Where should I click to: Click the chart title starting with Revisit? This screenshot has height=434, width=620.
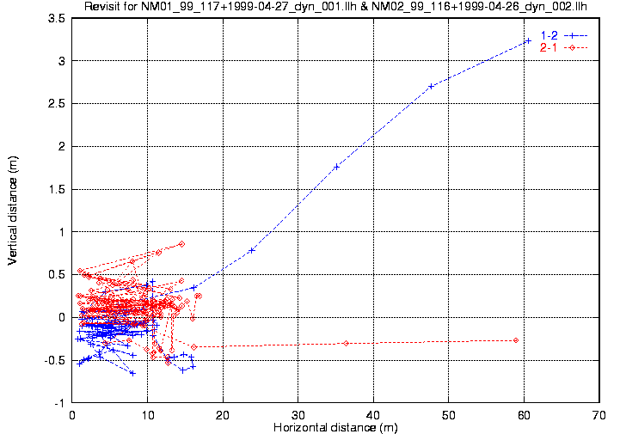(341, 7)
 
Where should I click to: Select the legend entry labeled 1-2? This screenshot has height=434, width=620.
(548, 35)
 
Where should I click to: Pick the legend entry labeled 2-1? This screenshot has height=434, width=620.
(548, 47)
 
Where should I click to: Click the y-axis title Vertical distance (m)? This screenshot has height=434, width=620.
(14, 210)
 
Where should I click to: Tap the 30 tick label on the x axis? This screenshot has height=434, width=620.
(298, 414)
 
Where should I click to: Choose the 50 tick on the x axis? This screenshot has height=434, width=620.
(449, 414)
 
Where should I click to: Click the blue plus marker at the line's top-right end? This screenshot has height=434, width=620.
(528, 40)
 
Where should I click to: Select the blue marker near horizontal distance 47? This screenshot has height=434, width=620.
(430, 86)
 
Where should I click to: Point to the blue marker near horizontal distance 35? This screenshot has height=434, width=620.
(336, 167)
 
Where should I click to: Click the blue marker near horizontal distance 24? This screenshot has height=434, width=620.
(252, 250)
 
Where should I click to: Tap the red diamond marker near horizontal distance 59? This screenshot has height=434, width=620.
(516, 340)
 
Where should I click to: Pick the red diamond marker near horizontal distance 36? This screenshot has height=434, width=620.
(346, 343)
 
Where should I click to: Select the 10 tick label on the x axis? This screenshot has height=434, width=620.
(147, 414)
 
